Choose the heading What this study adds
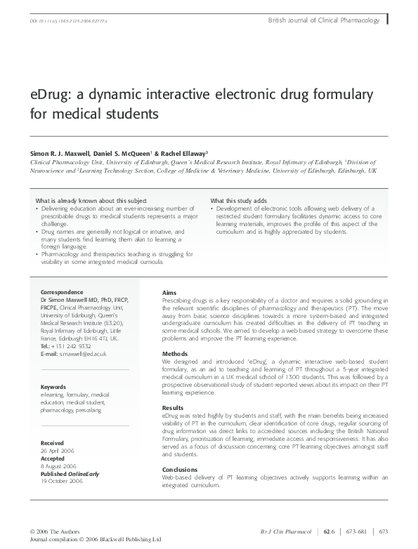[238, 201]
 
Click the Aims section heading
[169, 292]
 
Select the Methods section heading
[175, 353]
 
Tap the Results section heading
[173, 407]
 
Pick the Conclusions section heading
[180, 469]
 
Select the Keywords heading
[53, 387]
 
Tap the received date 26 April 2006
[57, 451]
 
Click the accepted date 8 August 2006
[58, 466]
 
